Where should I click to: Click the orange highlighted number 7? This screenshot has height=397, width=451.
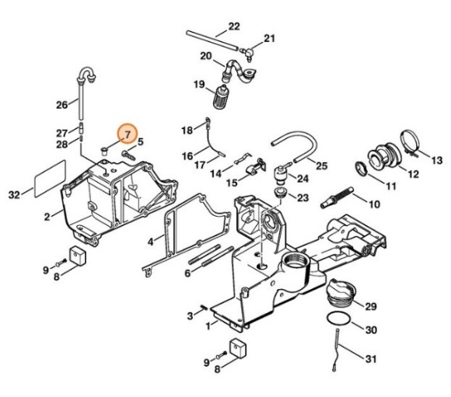click(128, 134)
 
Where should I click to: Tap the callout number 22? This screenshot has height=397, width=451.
click(234, 26)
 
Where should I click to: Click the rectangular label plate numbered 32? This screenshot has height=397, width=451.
click(50, 179)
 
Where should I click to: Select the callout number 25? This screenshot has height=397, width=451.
click(322, 166)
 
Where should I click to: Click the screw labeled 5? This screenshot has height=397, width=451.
click(128, 155)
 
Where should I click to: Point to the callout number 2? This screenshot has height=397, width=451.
click(47, 217)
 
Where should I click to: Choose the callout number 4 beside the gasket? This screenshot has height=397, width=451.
click(151, 242)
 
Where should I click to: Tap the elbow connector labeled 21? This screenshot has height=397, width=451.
click(247, 53)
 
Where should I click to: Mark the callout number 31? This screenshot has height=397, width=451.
click(371, 359)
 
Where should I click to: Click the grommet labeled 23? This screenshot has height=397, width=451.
click(279, 193)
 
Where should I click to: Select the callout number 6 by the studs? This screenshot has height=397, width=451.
click(187, 273)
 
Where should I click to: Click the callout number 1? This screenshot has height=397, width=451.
click(208, 326)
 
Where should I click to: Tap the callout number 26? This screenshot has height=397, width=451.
click(62, 105)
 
